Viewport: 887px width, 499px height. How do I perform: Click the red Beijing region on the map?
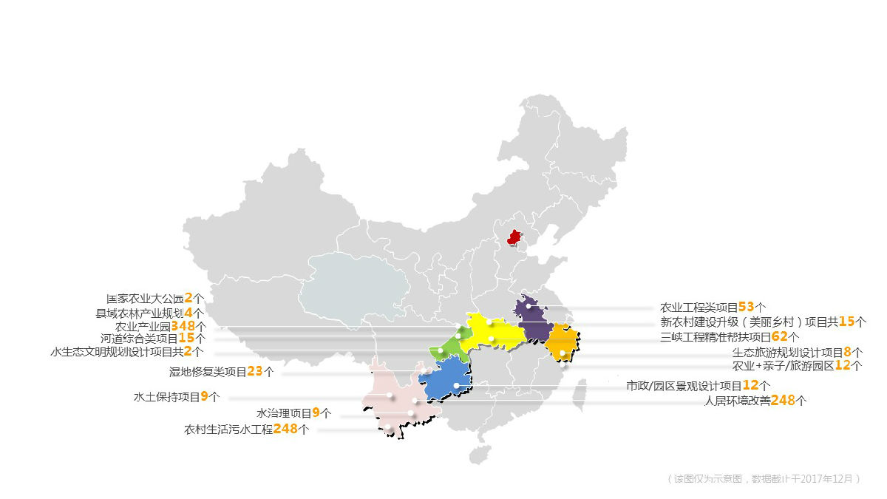point(514,237)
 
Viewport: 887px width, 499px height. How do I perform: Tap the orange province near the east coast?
point(561,342)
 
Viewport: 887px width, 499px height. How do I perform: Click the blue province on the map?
point(446,381)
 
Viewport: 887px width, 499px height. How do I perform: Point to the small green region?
point(446,347)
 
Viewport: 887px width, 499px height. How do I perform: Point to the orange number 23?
point(255,372)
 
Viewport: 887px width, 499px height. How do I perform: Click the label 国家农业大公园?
point(145,299)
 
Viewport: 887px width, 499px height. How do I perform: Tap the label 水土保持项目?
point(166,397)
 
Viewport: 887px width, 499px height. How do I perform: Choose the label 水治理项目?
point(284,413)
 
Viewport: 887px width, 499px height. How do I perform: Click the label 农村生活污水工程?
point(228,430)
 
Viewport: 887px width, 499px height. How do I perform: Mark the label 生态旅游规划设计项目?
point(787,353)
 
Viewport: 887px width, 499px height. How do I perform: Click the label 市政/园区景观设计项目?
point(684,386)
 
